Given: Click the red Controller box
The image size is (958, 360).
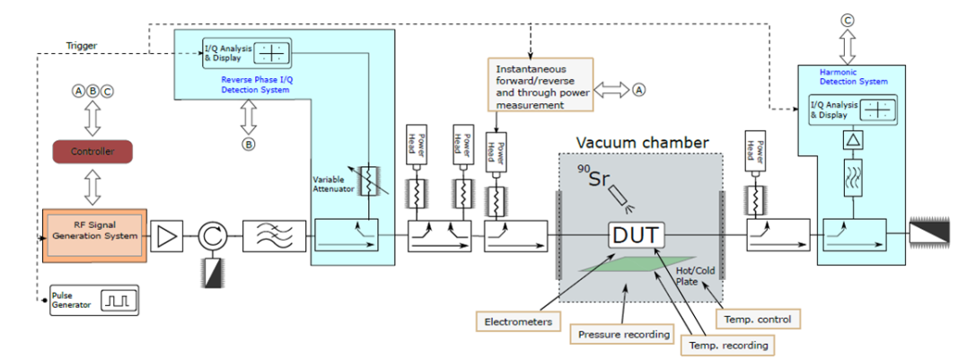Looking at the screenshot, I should tap(93, 152).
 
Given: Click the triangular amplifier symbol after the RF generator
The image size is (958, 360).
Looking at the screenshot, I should tap(167, 238).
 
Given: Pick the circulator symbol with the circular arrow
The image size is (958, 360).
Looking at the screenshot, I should tap(212, 238).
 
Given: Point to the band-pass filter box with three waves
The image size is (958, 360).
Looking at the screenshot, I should tap(268, 238).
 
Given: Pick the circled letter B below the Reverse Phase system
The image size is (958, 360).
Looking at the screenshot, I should tap(249, 143).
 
